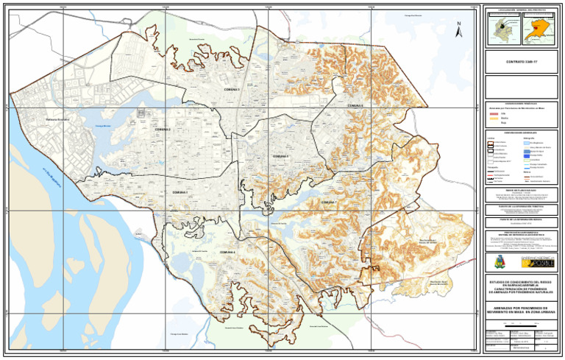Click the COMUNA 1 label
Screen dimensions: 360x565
pyautogui.click(x=180, y=193)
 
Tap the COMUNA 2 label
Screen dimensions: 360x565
pyautogui.click(x=163, y=130)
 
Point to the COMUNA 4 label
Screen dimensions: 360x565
pyautogui.click(x=229, y=253)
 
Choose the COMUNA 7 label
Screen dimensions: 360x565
pyautogui.click(x=328, y=201)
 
